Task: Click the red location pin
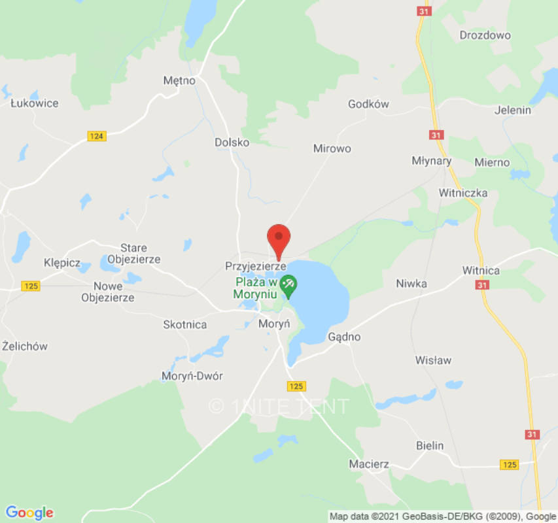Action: (x=279, y=239)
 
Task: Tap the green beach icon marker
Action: (x=288, y=284)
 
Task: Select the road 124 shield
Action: (x=97, y=136)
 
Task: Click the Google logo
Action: (x=29, y=513)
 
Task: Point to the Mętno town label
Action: (x=179, y=81)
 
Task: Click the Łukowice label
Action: (x=35, y=103)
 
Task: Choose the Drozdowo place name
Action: (x=485, y=35)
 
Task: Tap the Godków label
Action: (x=368, y=104)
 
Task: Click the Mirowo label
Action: (x=332, y=148)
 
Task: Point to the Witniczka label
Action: (x=463, y=193)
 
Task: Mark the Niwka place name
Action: (x=411, y=283)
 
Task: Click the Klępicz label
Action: (x=61, y=263)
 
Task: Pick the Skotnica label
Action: (x=184, y=325)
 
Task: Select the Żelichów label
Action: (x=25, y=346)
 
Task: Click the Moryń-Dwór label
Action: (x=192, y=376)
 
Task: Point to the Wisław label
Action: (x=433, y=360)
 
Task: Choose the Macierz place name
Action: (x=369, y=464)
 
